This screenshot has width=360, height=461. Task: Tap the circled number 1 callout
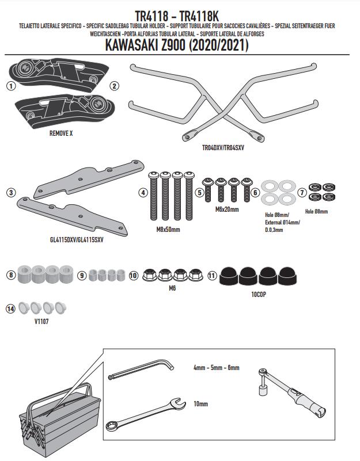[10, 86]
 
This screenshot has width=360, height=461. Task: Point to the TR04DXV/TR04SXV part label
[223, 147]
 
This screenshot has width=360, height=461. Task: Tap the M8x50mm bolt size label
[168, 230]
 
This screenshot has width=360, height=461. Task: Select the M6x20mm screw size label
[226, 209]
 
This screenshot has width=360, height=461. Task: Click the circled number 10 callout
[133, 276]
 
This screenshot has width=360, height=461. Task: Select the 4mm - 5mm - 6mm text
[216, 368]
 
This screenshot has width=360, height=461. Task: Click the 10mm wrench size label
[201, 405]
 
